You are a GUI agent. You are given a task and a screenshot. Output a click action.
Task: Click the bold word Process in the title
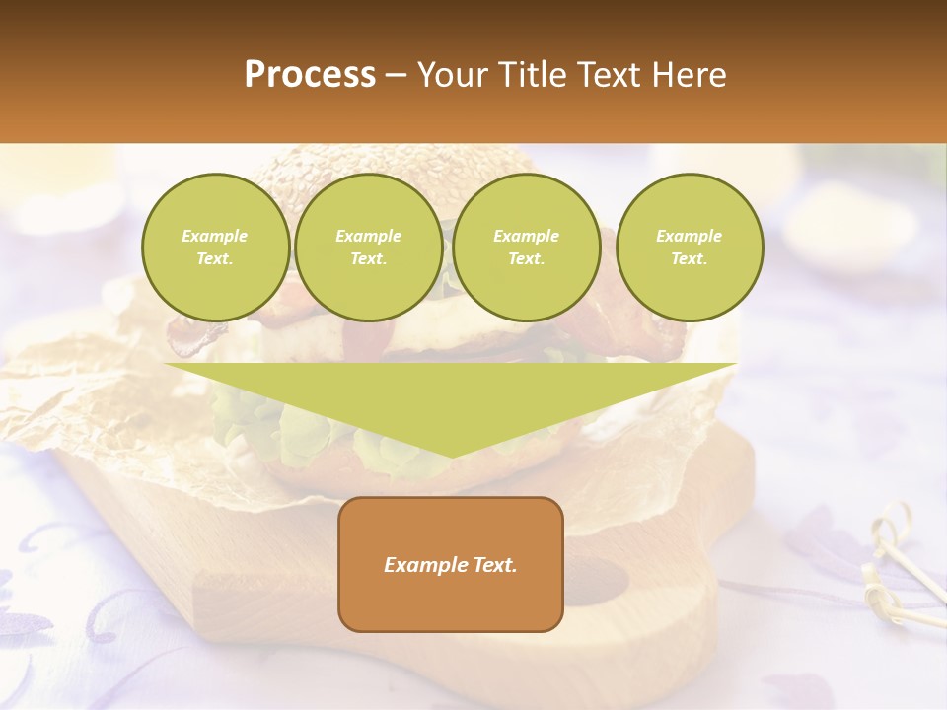310,75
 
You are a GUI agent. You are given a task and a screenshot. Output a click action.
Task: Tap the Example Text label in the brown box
450,565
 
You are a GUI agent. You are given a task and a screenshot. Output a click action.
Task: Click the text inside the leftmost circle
215,248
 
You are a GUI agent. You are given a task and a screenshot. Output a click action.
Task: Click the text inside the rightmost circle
689,248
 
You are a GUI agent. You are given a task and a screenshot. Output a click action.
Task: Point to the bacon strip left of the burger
192,335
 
